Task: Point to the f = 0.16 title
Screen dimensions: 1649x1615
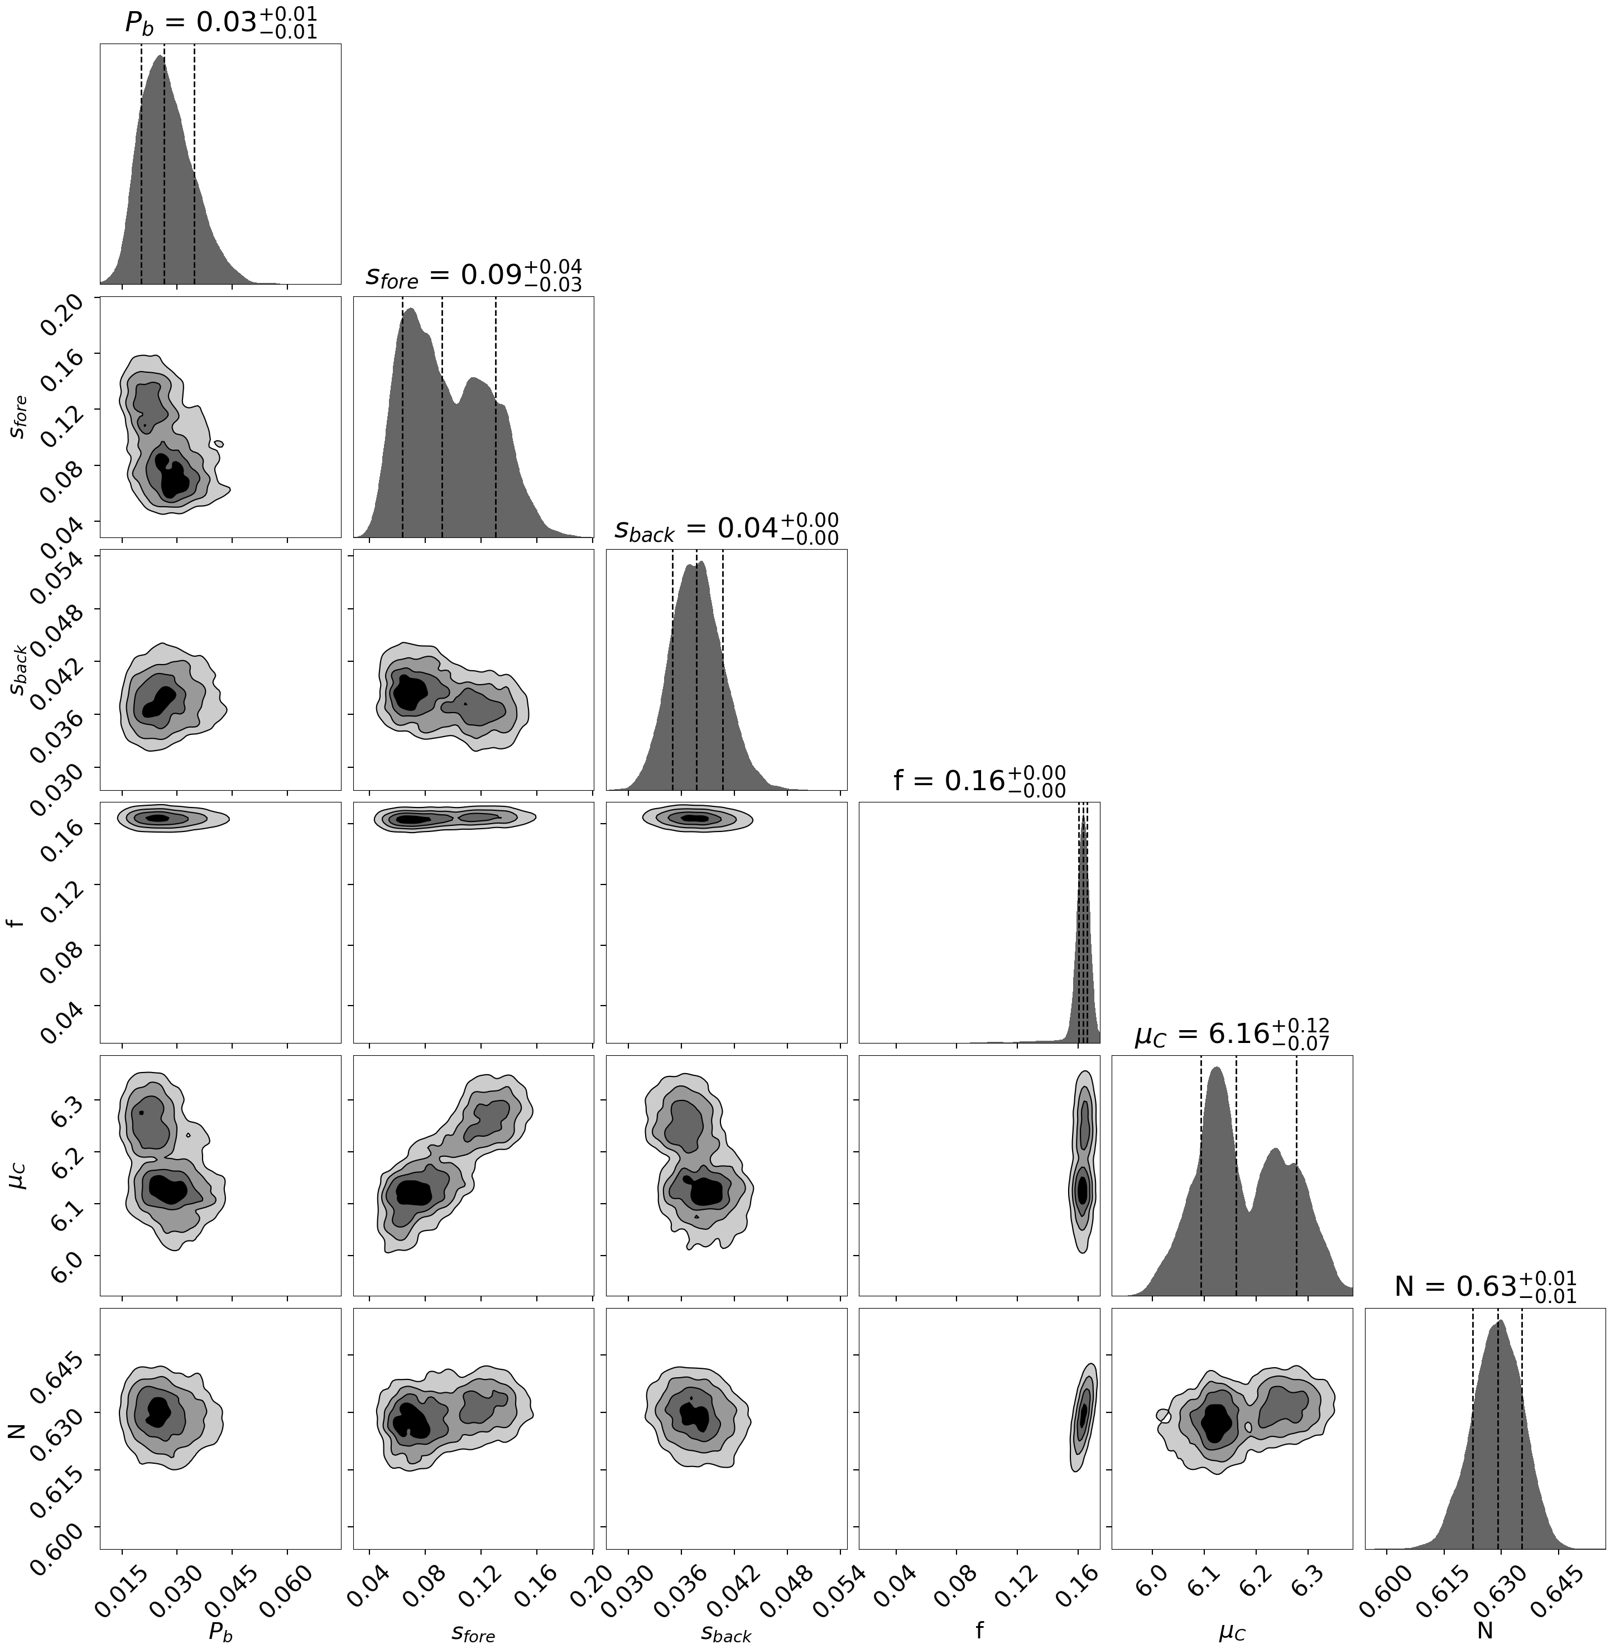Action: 979,780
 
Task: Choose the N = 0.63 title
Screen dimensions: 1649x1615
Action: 1485,1287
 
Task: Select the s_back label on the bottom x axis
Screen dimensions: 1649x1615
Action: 726,1629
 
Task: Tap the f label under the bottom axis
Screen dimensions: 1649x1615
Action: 980,1627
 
